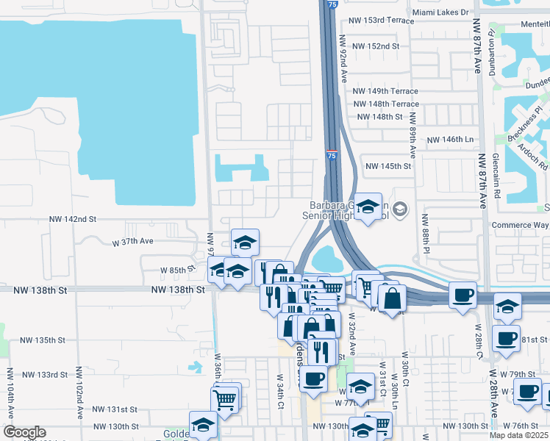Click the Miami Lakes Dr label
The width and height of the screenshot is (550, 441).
440,12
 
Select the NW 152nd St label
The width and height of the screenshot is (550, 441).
375,46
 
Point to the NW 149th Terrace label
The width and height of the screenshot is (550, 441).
385,91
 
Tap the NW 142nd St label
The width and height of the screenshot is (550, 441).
73,219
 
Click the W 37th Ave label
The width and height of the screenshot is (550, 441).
132,241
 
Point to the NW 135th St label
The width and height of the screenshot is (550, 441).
43,340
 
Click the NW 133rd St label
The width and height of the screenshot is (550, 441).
43,375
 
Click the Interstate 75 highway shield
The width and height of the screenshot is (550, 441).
333,156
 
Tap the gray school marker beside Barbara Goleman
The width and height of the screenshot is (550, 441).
399,210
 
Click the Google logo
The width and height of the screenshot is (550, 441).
24,432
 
